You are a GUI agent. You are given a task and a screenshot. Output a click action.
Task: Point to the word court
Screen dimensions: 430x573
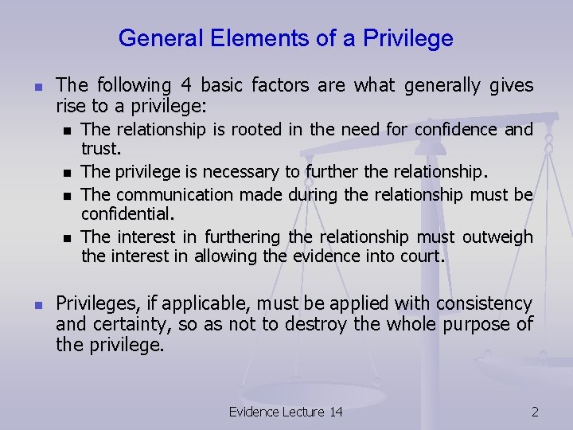tap(424, 256)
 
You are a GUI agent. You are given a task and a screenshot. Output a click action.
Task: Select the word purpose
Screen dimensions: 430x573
tap(473, 325)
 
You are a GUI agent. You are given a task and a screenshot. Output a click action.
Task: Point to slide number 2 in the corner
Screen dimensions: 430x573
tap(535, 412)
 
